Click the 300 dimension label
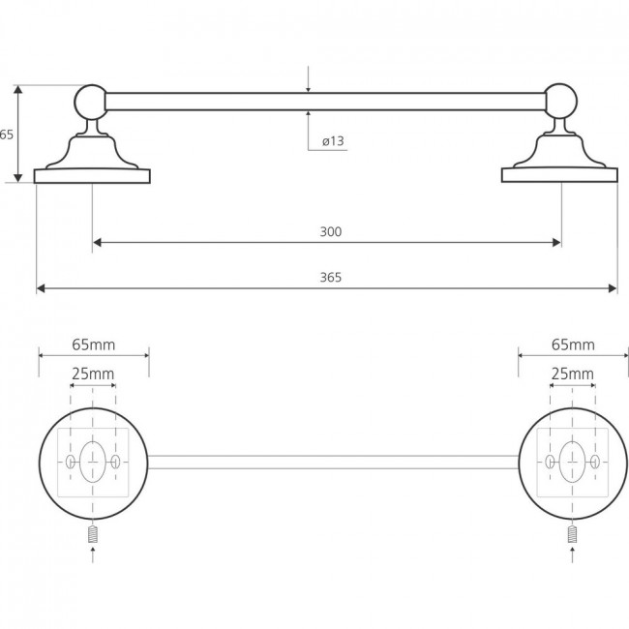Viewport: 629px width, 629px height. coord(331,231)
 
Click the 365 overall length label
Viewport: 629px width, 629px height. coord(331,277)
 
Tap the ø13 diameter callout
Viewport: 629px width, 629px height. coord(333,141)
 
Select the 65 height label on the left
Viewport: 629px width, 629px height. coord(7,135)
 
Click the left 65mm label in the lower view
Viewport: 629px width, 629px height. coord(94,344)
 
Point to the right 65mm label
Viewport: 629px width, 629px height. coord(573,344)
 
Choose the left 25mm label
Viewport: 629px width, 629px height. coord(93,374)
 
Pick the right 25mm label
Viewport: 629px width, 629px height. coord(573,374)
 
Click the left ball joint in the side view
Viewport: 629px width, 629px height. coord(91,102)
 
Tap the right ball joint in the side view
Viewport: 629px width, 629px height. coord(560,101)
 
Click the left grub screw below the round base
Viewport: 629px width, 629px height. coord(93,534)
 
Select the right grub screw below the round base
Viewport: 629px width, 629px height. coord(573,534)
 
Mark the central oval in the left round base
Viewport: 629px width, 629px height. coord(93,462)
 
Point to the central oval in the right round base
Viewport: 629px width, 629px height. coord(572,462)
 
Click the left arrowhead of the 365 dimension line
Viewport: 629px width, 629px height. coord(41,288)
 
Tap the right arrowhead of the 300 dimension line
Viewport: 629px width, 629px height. coord(556,242)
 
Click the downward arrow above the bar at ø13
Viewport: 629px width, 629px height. coord(308,79)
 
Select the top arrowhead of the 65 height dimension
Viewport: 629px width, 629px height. coord(18,89)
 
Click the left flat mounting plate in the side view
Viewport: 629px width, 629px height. coord(92,176)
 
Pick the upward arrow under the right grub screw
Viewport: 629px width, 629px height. coord(573,554)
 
